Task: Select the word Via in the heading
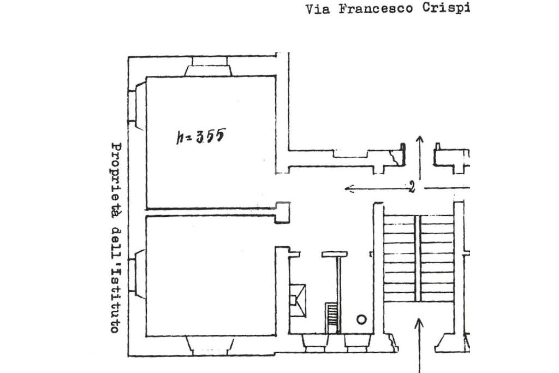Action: pos(318,9)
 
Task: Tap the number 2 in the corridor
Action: pos(412,188)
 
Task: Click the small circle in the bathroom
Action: pos(361,319)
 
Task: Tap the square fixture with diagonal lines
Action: pos(299,300)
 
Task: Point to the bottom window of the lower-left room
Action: pos(210,345)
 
